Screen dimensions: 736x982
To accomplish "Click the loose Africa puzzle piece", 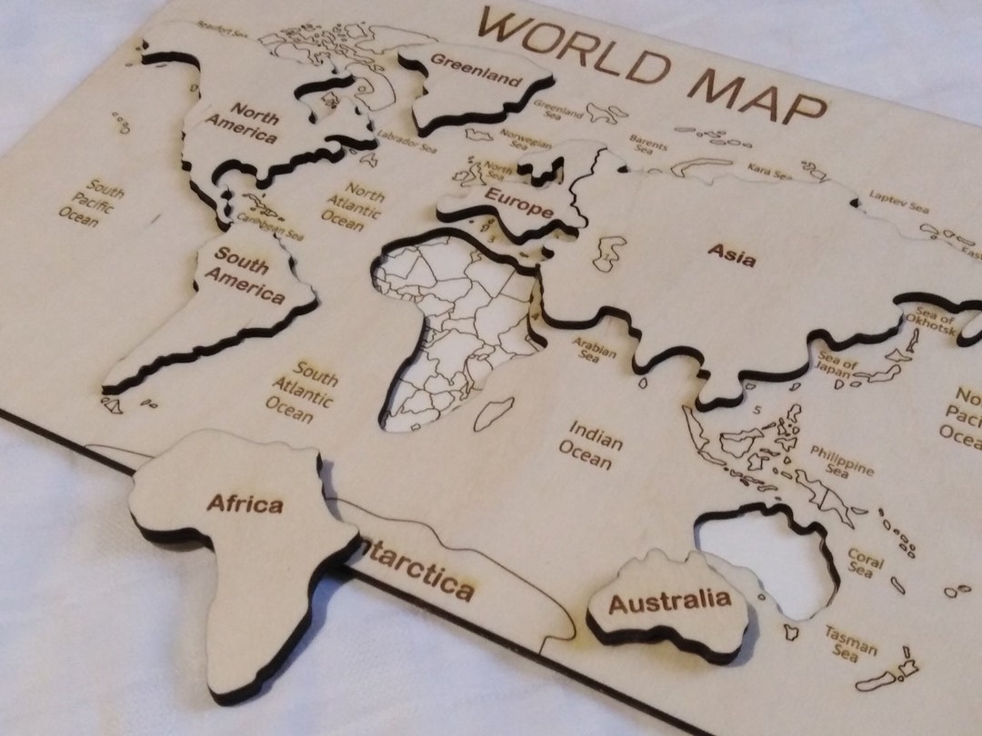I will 245,545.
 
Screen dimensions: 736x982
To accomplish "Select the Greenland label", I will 476,71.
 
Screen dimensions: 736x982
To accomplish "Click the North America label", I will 241,123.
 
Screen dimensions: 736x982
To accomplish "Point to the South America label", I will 245,276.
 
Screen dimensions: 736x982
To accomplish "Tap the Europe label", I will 518,203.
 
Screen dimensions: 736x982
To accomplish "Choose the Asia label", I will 733,254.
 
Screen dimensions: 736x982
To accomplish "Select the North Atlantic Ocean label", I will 354,207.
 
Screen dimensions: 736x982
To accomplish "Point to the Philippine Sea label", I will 841,460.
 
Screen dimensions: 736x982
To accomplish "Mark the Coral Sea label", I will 864,561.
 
